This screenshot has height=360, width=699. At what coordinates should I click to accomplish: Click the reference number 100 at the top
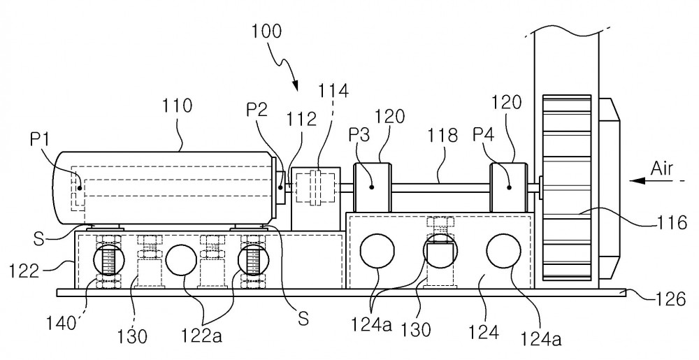[x=266, y=32]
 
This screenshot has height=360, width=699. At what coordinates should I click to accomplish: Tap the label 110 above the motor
[x=177, y=106]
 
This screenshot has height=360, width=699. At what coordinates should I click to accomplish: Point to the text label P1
[x=41, y=139]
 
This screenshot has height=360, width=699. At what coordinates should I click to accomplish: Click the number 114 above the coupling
[x=333, y=90]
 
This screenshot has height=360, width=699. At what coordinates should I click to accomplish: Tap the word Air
[x=661, y=169]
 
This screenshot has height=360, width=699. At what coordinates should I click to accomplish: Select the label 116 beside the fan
[x=672, y=222]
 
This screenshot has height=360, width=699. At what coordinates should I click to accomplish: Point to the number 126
[x=670, y=299]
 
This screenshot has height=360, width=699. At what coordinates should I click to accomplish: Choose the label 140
[x=62, y=323]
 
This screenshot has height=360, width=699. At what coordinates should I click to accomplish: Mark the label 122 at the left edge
[x=24, y=271]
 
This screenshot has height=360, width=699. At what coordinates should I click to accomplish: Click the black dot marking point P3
[x=371, y=187]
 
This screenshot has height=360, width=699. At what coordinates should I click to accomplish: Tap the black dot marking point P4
[x=509, y=187]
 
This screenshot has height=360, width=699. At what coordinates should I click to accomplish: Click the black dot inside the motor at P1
[x=80, y=187]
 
